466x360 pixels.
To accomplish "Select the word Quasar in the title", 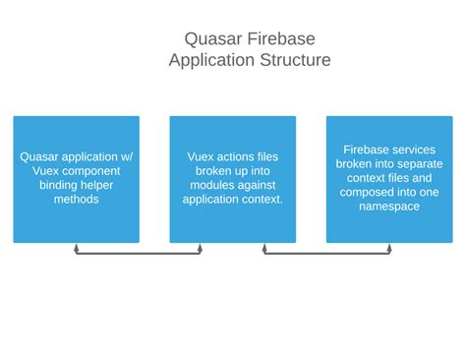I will coord(211,38).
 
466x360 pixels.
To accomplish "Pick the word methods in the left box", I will coord(76,199).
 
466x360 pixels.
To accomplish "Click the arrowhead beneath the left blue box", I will coord(77,248).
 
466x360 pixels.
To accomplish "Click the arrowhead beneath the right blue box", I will coord(389,248).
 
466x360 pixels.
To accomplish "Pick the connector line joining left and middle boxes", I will coord(139,254).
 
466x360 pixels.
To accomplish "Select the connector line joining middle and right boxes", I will coord(326,254).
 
